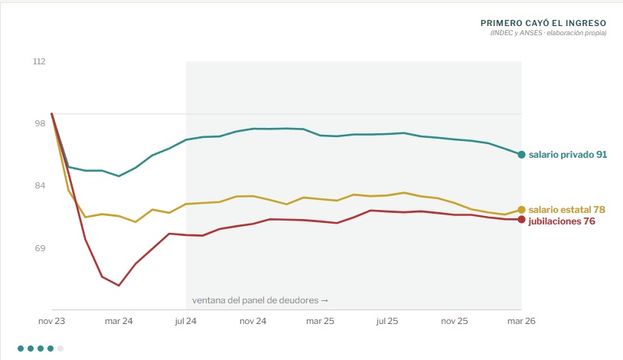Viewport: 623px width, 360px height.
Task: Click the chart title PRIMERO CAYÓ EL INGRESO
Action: [543, 23]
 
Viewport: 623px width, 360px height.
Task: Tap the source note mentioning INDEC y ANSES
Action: [548, 33]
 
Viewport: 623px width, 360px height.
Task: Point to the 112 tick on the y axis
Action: [39, 61]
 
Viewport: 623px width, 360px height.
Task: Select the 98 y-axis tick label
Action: [40, 123]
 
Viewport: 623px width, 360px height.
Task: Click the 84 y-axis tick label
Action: [40, 185]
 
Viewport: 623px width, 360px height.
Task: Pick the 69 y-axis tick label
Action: [40, 248]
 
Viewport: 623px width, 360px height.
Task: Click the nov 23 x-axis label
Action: [51, 321]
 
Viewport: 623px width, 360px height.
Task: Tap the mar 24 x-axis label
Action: [119, 321]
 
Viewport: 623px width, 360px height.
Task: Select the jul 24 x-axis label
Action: [185, 321]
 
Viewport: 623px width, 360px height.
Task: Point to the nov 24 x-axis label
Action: [253, 321]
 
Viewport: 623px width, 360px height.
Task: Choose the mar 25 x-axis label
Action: [320, 321]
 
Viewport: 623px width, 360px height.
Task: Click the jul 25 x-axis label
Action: [387, 321]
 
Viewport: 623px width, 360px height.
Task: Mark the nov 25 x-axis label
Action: [455, 321]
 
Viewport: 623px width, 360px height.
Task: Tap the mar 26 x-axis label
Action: [521, 321]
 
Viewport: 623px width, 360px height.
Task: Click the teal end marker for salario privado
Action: [522, 155]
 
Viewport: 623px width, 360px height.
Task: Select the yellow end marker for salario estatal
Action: [522, 210]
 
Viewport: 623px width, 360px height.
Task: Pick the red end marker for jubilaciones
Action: [522, 220]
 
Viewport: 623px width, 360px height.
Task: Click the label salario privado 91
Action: [568, 155]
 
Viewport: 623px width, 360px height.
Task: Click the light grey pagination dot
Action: [60, 349]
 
